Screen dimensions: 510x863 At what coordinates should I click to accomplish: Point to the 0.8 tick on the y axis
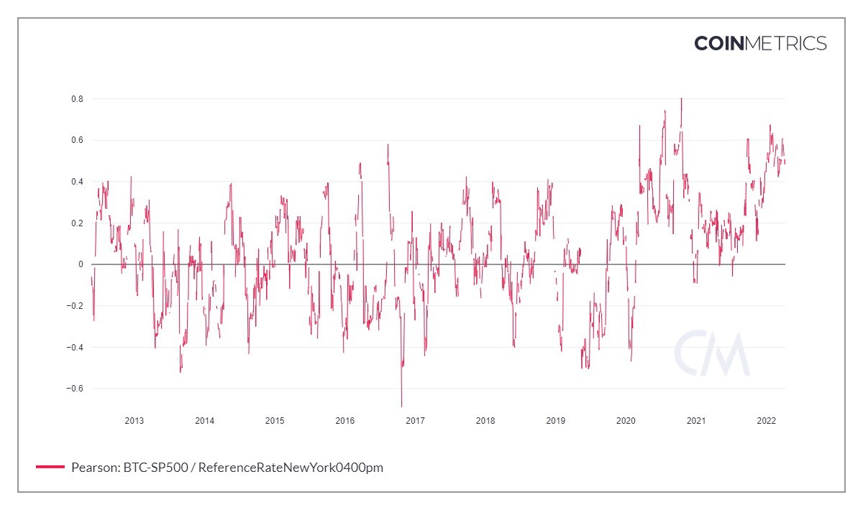77,98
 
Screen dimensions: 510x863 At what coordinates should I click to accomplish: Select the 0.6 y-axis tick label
77,140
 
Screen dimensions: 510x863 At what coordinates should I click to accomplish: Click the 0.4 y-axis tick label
77,182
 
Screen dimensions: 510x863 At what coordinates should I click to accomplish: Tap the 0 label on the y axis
81,264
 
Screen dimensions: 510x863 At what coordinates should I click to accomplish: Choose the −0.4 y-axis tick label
75,348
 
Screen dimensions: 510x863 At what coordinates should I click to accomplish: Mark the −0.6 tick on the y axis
75,389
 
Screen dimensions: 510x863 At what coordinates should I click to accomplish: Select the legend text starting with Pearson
227,468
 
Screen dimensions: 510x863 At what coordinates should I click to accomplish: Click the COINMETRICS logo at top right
760,43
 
